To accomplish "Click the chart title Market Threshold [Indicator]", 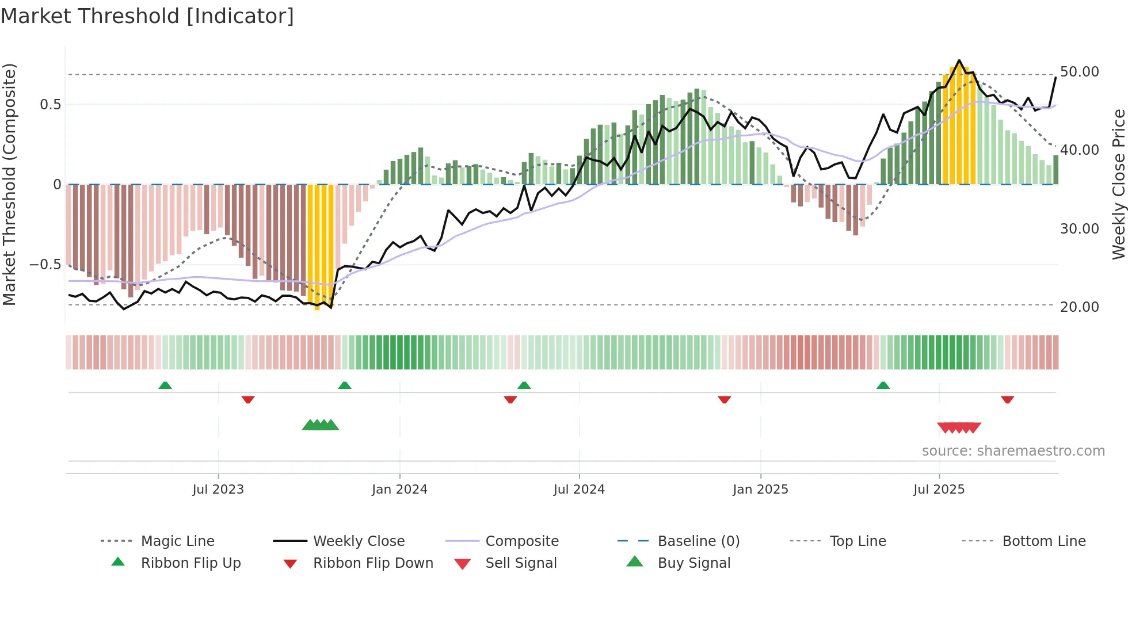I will pos(147,16).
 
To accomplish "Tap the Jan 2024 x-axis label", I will pos(399,490).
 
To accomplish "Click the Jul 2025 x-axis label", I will pos(939,490).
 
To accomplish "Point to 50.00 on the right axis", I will pos(1079,72).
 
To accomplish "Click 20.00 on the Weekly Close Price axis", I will pos(1079,307).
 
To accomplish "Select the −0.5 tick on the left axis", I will pos(45,265).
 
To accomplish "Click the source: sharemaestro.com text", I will pos(1013,451).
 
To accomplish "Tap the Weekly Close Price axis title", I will pos(1118,184).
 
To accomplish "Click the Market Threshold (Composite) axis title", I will pos(9,184).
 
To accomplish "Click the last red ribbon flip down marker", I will pos(1007,399).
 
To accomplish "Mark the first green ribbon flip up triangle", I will pos(165,385).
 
